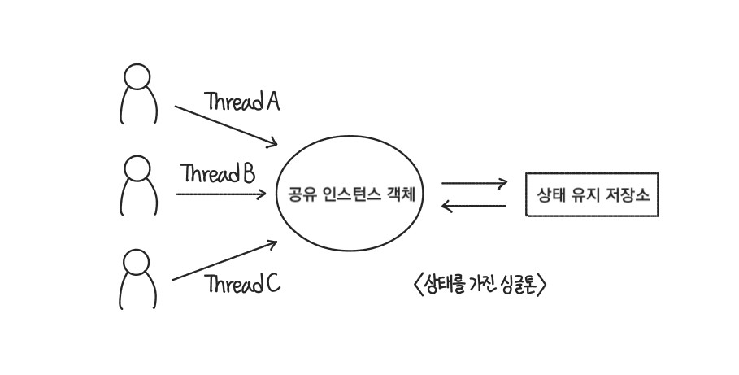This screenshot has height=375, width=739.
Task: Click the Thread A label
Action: (x=242, y=102)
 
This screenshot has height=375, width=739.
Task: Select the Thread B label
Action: (x=219, y=173)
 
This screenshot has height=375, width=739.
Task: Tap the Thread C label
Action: (x=242, y=284)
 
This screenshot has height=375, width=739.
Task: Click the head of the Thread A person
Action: (x=137, y=76)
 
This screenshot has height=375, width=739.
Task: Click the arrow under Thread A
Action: (x=225, y=124)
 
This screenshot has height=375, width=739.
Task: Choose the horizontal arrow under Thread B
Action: (x=220, y=194)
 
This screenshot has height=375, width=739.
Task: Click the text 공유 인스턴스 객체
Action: (x=350, y=195)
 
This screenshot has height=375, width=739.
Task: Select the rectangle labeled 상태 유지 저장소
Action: (x=591, y=195)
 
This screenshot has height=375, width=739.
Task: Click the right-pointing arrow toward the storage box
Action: (x=474, y=183)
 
